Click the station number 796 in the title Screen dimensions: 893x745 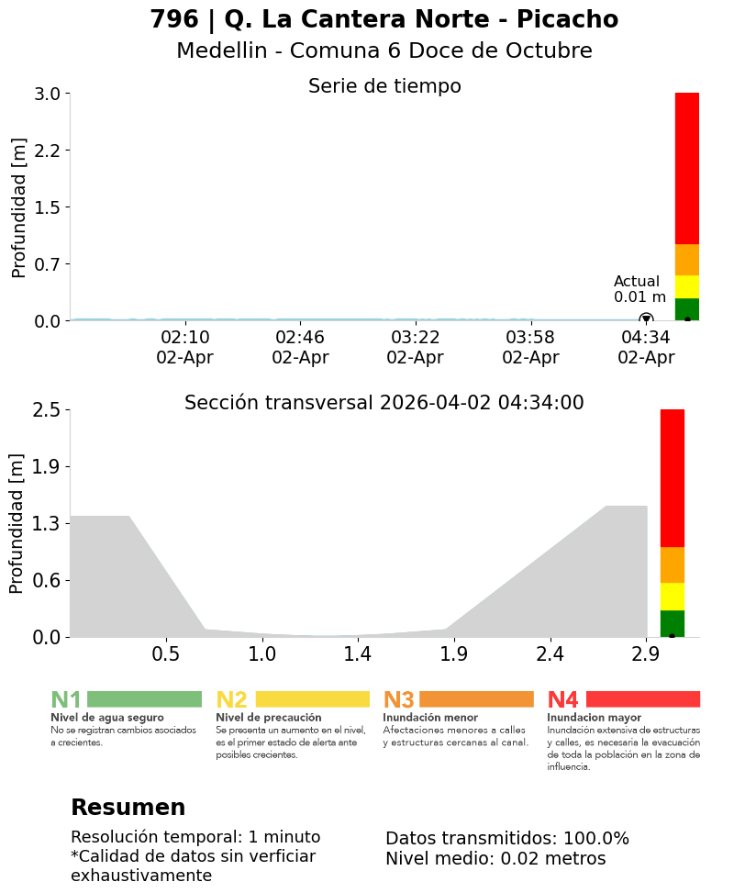[x=173, y=20]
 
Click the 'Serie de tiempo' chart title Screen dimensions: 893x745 [x=384, y=86]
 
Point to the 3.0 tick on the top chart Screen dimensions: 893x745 [x=47, y=94]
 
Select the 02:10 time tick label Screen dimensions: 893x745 [x=185, y=338]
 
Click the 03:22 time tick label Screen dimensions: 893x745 [x=416, y=338]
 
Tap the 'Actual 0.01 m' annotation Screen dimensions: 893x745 [x=639, y=289]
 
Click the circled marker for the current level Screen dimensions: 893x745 [x=646, y=319]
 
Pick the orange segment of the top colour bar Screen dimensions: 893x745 [x=687, y=260]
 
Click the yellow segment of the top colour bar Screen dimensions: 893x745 [x=687, y=286]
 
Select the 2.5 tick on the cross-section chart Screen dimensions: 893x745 [x=46, y=409]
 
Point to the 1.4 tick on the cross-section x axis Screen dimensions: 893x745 [x=358, y=654]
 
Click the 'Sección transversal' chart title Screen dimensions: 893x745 [x=384, y=403]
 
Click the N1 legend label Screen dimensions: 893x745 [x=66, y=700]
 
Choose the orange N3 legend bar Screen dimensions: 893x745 [x=476, y=699]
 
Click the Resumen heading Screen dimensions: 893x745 [x=128, y=808]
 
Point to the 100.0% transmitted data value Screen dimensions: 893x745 [x=596, y=839]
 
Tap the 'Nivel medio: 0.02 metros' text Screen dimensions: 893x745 [x=495, y=859]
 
